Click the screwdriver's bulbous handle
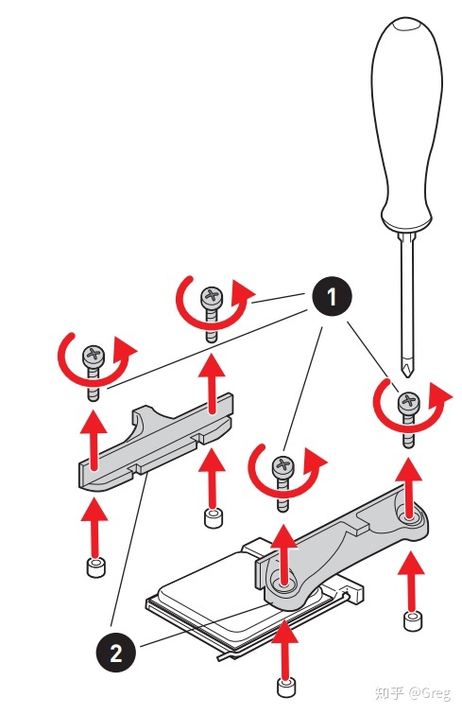pyautogui.click(x=406, y=123)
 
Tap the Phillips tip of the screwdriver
pyautogui.click(x=407, y=368)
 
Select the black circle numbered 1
pyautogui.click(x=332, y=296)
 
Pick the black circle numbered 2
pyautogui.click(x=115, y=653)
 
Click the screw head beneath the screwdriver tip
pyautogui.click(x=409, y=403)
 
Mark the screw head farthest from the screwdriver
pyautogui.click(x=93, y=355)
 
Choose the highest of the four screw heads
pyautogui.click(x=212, y=296)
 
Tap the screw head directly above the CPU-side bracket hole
pyautogui.click(x=283, y=466)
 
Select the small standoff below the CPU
pyautogui.click(x=286, y=688)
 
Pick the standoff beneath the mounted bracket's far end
pyautogui.click(x=413, y=621)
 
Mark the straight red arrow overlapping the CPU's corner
pyautogui.click(x=285, y=649)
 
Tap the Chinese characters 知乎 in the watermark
pyautogui.click(x=389, y=693)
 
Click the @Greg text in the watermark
pyautogui.click(x=430, y=693)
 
